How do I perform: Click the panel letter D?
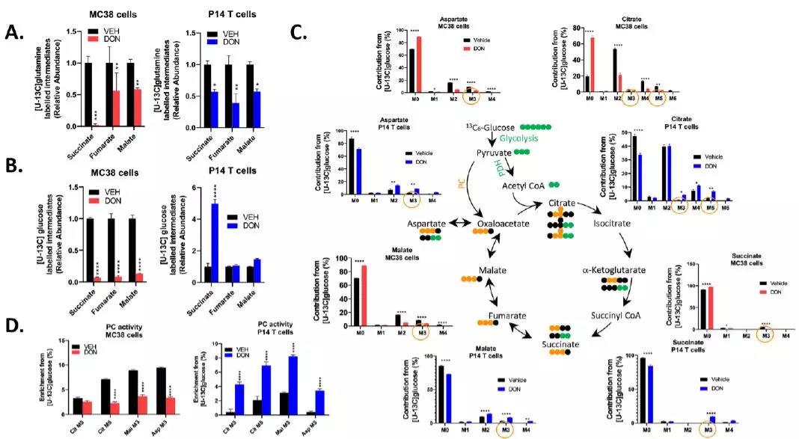tap(10, 326)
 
